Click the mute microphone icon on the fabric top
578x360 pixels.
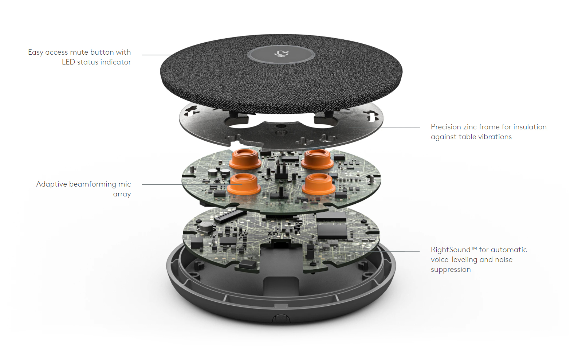coord(281,54)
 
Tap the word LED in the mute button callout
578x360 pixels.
coord(68,62)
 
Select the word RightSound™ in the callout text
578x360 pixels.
coord(454,250)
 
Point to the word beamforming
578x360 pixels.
coord(93,184)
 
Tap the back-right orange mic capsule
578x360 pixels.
coord(317,159)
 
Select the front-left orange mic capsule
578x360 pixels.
coord(244,184)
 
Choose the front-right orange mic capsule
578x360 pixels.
coord(319,184)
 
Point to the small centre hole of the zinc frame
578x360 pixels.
coord(281,126)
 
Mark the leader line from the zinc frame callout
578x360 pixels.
coord(385,127)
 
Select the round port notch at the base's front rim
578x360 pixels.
coord(281,318)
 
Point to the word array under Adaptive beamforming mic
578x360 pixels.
coord(122,194)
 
